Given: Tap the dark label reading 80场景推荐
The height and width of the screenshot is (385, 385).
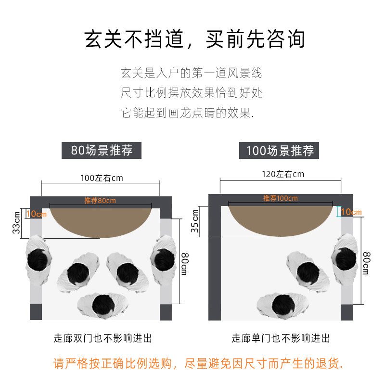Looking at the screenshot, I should [103, 150].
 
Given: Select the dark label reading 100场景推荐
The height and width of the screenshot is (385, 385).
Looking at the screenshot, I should [280, 151].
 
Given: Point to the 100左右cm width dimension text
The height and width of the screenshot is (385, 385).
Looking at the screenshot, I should [101, 178].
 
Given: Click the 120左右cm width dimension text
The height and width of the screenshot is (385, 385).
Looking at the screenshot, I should [282, 174].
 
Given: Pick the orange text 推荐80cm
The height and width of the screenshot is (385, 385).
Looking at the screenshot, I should [100, 201].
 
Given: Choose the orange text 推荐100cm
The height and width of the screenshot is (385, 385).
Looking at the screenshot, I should [280, 198].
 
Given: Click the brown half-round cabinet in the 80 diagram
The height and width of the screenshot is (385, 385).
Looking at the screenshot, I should [102, 221].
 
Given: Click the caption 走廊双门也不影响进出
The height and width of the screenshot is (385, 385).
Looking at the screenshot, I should [103, 338].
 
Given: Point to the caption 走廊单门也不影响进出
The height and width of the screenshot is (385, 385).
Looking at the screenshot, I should [281, 338].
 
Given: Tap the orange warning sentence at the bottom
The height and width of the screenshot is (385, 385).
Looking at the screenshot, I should [198, 363].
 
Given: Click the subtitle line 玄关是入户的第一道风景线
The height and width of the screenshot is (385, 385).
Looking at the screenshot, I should [192, 73].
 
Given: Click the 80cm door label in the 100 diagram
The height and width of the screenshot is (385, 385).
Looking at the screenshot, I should [366, 263].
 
